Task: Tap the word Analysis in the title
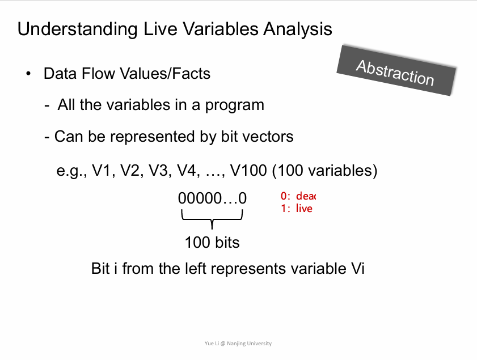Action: coord(298,29)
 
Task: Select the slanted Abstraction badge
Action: coord(396,71)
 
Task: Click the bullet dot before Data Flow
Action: coord(28,74)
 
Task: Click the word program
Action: coord(235,106)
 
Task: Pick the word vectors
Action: coord(268,137)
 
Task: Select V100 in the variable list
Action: coord(248,170)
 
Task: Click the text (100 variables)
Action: coord(324,171)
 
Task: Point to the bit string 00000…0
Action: coord(212,198)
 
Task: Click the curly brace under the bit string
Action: coord(212,219)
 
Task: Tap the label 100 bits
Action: coord(212,243)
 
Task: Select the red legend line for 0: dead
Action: coord(298,196)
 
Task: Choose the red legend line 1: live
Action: coord(297,209)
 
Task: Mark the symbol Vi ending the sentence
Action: coord(358,269)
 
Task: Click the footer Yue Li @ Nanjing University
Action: coord(238,344)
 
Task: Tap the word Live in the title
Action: coord(160,29)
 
